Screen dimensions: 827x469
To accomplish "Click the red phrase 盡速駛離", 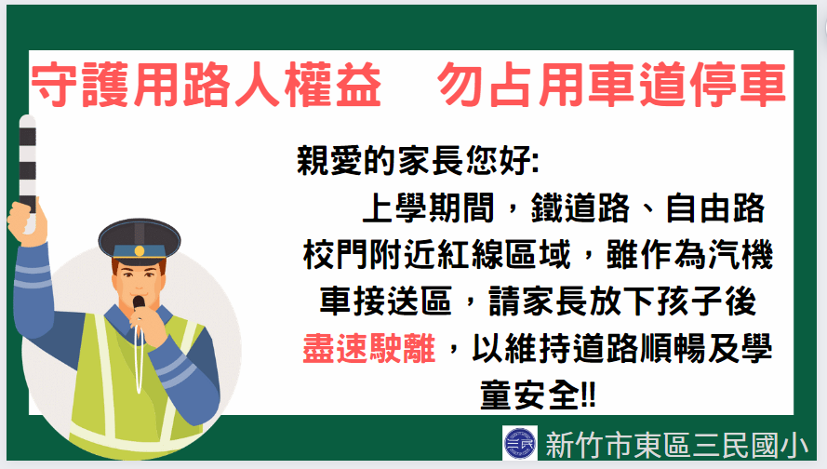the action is click(369, 349).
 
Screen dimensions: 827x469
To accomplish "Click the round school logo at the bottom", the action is click(519, 443).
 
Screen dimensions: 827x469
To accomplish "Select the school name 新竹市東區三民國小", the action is click(676, 445).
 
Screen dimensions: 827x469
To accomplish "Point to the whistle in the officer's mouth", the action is click(139, 303).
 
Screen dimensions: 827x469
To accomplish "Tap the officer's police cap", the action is click(140, 242).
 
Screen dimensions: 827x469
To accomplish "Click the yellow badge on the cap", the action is click(140, 250).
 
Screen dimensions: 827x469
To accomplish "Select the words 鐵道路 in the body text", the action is click(580, 208).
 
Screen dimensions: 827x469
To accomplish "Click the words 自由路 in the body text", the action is click(715, 208).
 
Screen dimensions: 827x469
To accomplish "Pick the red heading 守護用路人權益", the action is click(207, 85).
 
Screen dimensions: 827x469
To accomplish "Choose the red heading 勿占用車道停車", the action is click(612, 85).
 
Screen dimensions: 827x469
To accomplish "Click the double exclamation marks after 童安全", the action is click(588, 395).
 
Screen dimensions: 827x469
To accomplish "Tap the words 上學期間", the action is click(428, 208).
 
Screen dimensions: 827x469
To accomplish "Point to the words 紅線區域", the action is click(504, 255).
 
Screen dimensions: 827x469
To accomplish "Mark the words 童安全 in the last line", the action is click(529, 395).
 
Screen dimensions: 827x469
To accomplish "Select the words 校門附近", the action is click(369, 255).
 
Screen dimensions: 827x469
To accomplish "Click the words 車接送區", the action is click(385, 301).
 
